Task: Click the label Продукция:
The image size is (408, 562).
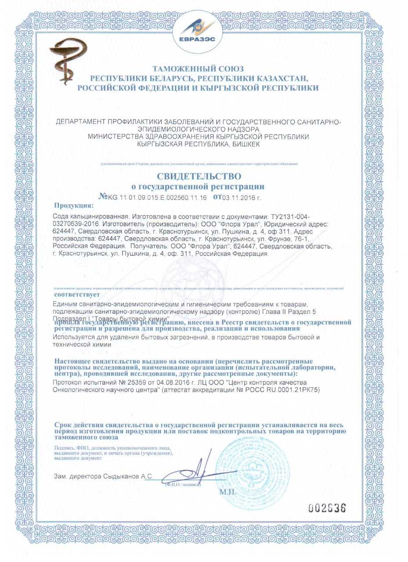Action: point(74,205)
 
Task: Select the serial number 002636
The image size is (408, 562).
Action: point(327,508)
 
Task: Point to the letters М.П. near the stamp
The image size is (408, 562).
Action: point(228,492)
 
